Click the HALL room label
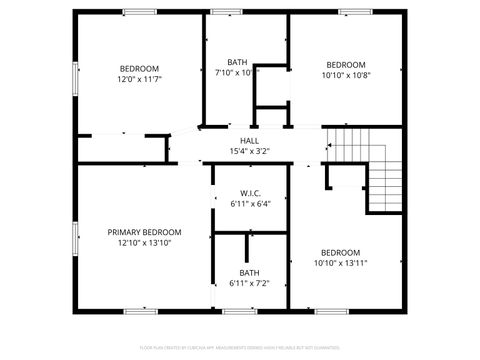point(249,141)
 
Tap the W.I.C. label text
point(250,193)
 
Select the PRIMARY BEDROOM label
point(144,232)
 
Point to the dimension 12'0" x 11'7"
point(140,79)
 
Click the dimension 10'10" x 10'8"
point(346,74)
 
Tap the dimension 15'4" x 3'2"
point(249,151)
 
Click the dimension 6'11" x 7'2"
point(250,283)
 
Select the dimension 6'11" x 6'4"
point(250,203)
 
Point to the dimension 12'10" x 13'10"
point(144,242)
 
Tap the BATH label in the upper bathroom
point(237,62)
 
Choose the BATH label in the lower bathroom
point(250,273)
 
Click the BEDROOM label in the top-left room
point(140,69)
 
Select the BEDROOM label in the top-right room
point(346,64)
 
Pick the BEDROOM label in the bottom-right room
point(340,253)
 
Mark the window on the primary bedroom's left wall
point(75,239)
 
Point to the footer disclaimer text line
point(240,347)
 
